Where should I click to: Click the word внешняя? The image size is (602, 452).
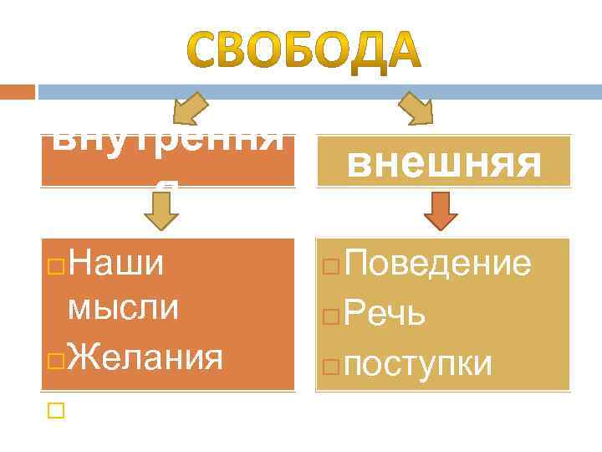pos(443,163)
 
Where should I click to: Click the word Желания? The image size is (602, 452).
pos(145,358)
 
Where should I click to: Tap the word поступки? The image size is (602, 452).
pos(417,364)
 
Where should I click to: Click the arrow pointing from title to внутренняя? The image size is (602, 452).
pos(190,110)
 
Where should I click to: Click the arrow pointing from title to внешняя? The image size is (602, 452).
pos(416,109)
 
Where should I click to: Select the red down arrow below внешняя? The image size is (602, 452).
pos(441,211)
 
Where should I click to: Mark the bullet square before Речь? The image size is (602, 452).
pos(329,316)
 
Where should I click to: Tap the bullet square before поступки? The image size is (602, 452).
pos(329,365)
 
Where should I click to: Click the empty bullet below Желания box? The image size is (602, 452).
pos(55,411)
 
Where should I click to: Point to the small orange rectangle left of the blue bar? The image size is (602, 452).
pos(18,91)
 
